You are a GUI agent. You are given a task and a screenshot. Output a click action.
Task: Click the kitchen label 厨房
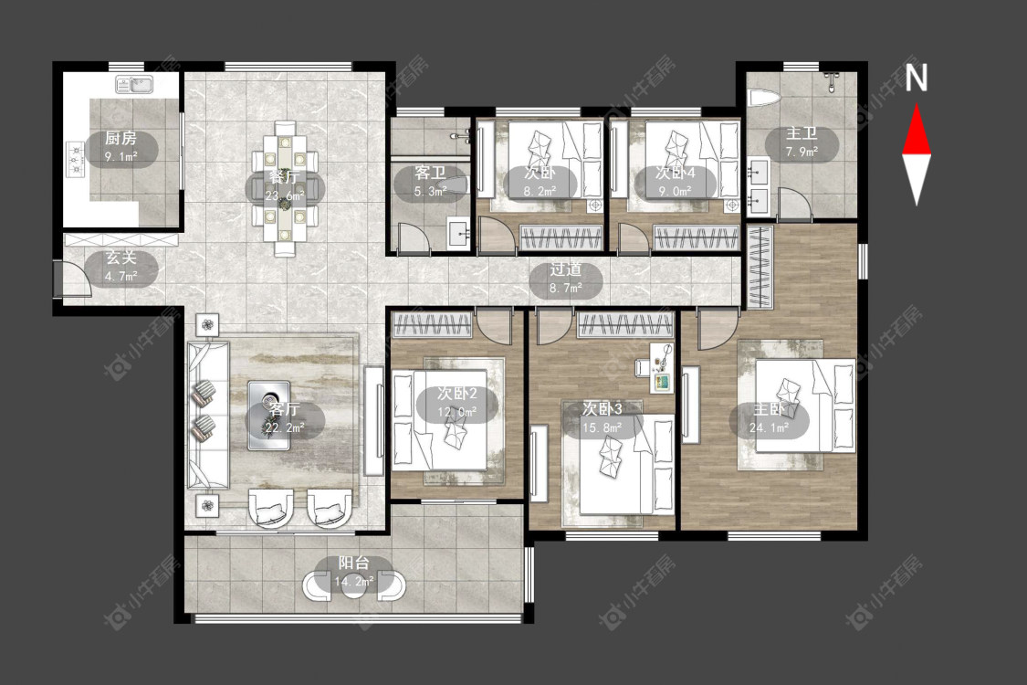[x=121, y=138]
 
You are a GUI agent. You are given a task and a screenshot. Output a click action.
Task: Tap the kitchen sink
[x=134, y=84]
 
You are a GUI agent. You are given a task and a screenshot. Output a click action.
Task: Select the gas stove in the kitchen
[x=76, y=160]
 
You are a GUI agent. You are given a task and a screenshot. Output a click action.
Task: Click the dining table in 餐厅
[x=285, y=187]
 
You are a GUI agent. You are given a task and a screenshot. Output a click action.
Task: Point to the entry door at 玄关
[x=72, y=279]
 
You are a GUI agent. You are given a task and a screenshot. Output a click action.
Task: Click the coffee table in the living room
[x=268, y=416]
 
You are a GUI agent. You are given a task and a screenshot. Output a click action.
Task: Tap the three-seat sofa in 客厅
[x=208, y=415]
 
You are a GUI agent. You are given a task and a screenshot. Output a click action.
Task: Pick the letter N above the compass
[x=917, y=78]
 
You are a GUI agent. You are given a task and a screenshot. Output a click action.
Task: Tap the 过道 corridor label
[x=566, y=269]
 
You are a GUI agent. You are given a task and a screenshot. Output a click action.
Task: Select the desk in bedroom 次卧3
[x=662, y=367]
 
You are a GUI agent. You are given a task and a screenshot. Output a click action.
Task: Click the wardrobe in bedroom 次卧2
[x=432, y=325]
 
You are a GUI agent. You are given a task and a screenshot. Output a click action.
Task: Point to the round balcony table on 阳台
[x=354, y=585]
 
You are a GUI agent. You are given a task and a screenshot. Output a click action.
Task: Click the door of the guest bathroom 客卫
[x=414, y=237]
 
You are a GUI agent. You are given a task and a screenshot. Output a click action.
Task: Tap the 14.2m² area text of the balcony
[x=353, y=582]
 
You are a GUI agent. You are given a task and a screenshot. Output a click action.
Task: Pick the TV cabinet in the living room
[x=374, y=420]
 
